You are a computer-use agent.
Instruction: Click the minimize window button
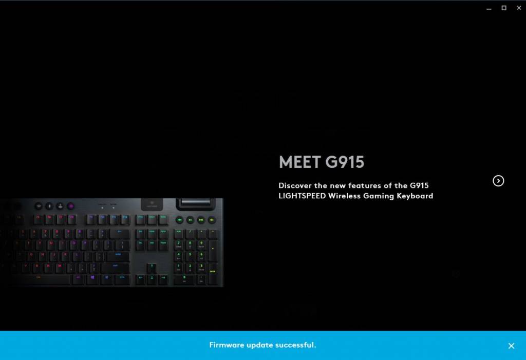[x=489, y=8]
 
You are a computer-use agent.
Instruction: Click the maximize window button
[x=504, y=8]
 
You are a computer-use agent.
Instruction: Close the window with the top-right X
[x=518, y=8]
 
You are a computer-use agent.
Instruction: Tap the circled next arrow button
[x=498, y=181]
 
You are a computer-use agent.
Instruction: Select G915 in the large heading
[x=345, y=162]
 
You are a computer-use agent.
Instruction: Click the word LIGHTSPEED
[x=302, y=196]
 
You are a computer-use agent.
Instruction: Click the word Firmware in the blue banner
[x=227, y=345]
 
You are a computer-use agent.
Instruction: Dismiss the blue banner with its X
[x=511, y=346]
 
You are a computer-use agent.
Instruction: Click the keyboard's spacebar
[x=53, y=280]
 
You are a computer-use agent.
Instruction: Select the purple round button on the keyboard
[x=71, y=206]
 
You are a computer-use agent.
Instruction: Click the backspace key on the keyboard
[x=120, y=232]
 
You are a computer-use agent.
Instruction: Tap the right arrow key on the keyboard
[x=163, y=279]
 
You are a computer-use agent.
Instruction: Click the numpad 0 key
[x=184, y=280]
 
